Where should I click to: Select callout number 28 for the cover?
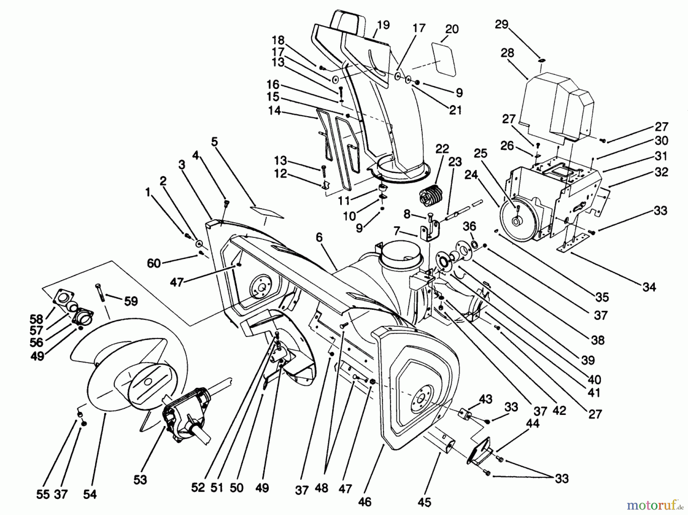tap(507, 53)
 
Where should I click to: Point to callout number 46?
tap(365, 501)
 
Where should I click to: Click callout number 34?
tap(649, 287)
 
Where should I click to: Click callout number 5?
tap(214, 142)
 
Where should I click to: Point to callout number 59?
tap(131, 301)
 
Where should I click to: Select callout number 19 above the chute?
tap(383, 25)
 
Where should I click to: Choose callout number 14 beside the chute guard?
tap(274, 111)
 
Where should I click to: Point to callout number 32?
tap(661, 172)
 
